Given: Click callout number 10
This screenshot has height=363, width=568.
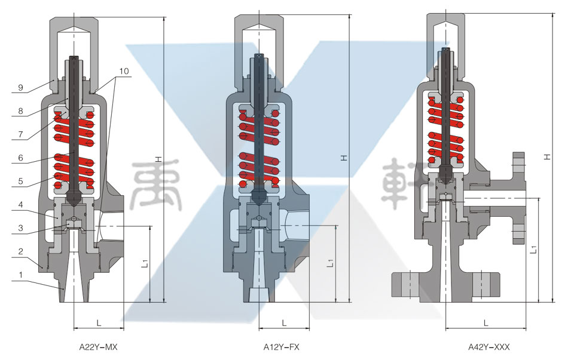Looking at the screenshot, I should [x=123, y=71].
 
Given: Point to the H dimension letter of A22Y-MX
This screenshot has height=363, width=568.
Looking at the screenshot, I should [x=158, y=159].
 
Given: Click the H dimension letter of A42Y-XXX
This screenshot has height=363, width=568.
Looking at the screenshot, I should [x=547, y=156].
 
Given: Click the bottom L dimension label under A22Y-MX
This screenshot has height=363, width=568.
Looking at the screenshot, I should [x=99, y=323].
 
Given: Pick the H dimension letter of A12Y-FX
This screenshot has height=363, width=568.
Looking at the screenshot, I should [x=343, y=158].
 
